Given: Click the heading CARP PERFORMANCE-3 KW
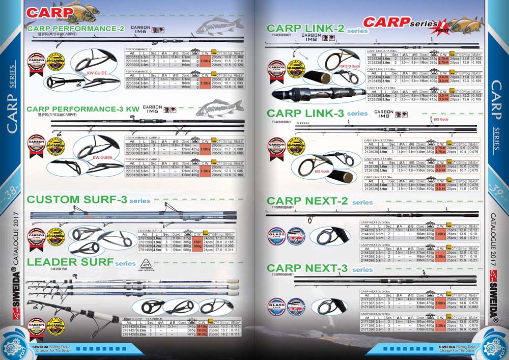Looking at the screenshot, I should [83, 109].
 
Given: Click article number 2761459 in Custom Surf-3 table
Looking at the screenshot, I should [145, 250].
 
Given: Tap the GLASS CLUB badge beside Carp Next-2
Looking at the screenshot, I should [277, 237].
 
